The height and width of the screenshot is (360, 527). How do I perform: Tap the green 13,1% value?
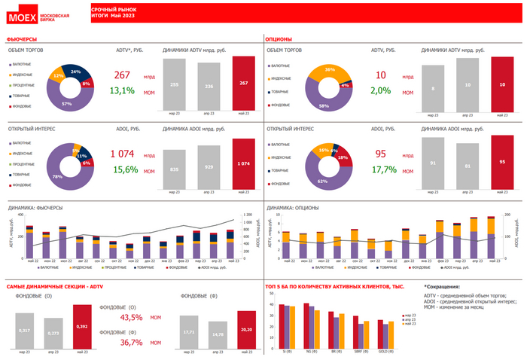click(122, 90)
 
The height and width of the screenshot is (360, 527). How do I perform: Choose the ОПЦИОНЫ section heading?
click(280, 38)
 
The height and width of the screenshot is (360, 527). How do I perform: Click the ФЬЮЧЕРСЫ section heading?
click(23, 38)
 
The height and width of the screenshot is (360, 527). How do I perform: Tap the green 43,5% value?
click(131, 318)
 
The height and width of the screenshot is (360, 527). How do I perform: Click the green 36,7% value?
click(131, 343)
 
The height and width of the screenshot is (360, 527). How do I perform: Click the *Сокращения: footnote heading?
click(446, 287)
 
